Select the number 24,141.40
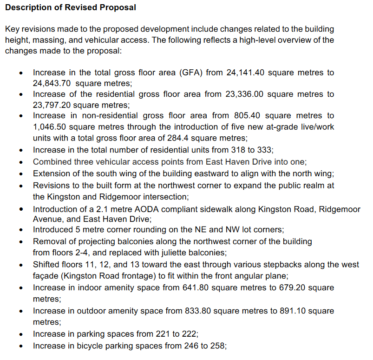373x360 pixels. click(x=246, y=73)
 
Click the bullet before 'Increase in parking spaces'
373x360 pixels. click(x=20, y=335)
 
